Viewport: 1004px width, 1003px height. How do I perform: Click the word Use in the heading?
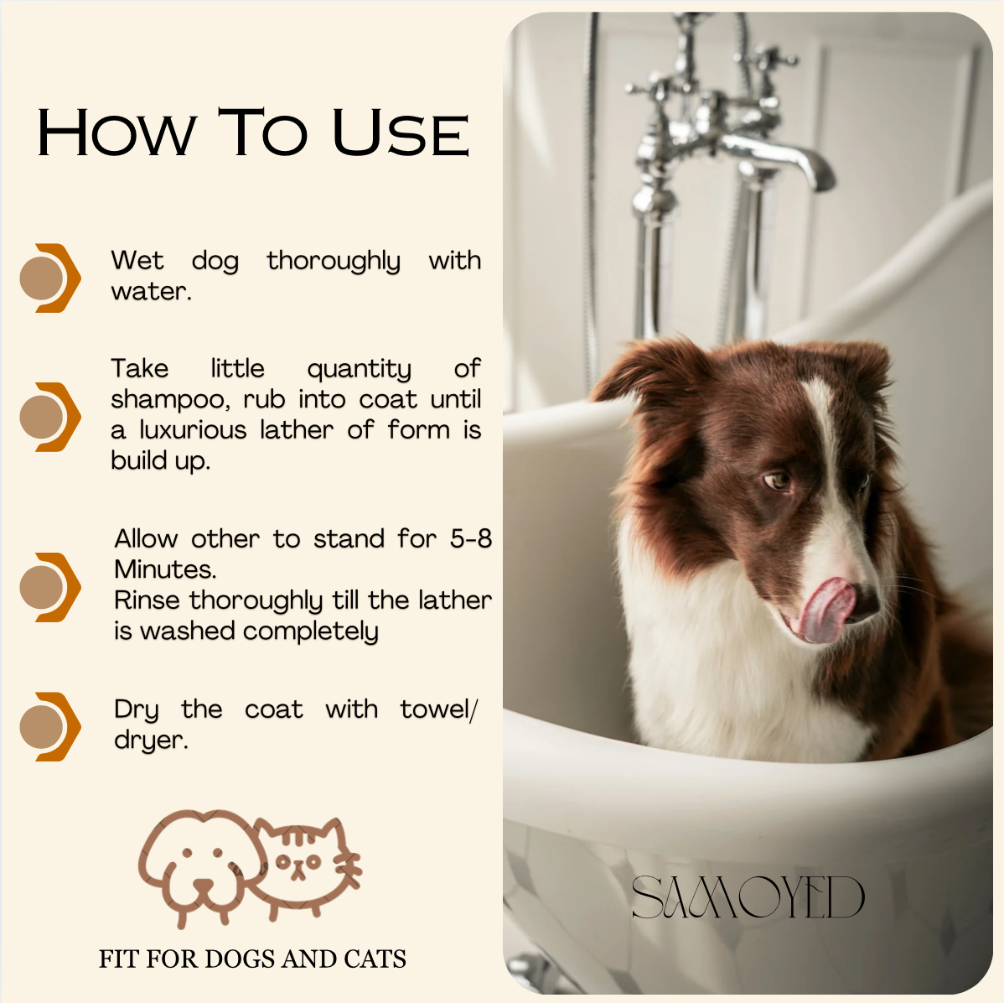coord(401,133)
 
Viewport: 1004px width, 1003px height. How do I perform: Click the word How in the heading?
coord(116,133)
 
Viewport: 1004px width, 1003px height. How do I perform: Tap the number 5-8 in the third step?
coord(471,538)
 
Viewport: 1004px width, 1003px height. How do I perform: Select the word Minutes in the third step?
coord(164,569)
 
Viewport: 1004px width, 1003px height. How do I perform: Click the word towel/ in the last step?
coord(438,709)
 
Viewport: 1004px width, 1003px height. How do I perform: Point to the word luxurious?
coord(193,429)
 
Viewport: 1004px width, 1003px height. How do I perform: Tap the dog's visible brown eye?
coord(777,480)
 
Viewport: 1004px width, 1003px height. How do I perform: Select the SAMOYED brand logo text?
coord(748,896)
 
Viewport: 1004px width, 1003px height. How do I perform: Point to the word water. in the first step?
coord(151,292)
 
